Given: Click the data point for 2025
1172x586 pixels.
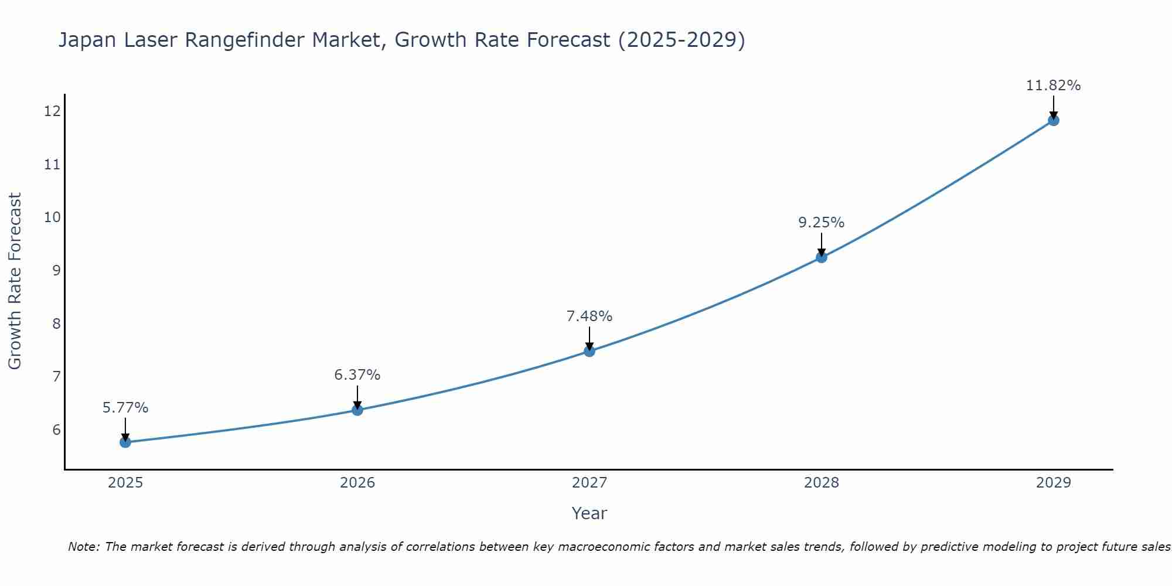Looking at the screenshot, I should pos(125,442).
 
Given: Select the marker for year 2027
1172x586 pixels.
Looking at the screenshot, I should pos(590,351).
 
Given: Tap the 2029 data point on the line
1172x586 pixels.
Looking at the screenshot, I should pos(1053,120).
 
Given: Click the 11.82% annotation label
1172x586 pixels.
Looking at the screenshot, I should pos(1053,86).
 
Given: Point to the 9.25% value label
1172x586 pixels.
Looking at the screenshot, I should pos(821,223).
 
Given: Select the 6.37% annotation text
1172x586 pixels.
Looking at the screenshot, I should pos(357,375).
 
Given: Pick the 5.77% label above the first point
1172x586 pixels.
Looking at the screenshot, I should pos(125,408).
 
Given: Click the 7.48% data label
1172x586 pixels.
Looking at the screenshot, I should pos(589,316).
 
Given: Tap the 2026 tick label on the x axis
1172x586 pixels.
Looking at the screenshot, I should pos(357,483).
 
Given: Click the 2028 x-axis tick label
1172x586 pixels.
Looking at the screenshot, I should pos(821,483).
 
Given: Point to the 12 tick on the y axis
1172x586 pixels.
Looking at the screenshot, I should pos(52,111).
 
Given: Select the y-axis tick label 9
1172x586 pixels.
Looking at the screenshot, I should pos(56,270).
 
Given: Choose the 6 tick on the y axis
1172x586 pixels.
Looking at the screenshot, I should pos(56,430).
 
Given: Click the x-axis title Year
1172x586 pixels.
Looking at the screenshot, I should pos(589,513).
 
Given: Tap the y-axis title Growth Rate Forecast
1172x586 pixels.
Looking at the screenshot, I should pos(15,281).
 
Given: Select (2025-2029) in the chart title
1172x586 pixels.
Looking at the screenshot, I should pos(682,40).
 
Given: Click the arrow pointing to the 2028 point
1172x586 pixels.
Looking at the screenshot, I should pos(821,244).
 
